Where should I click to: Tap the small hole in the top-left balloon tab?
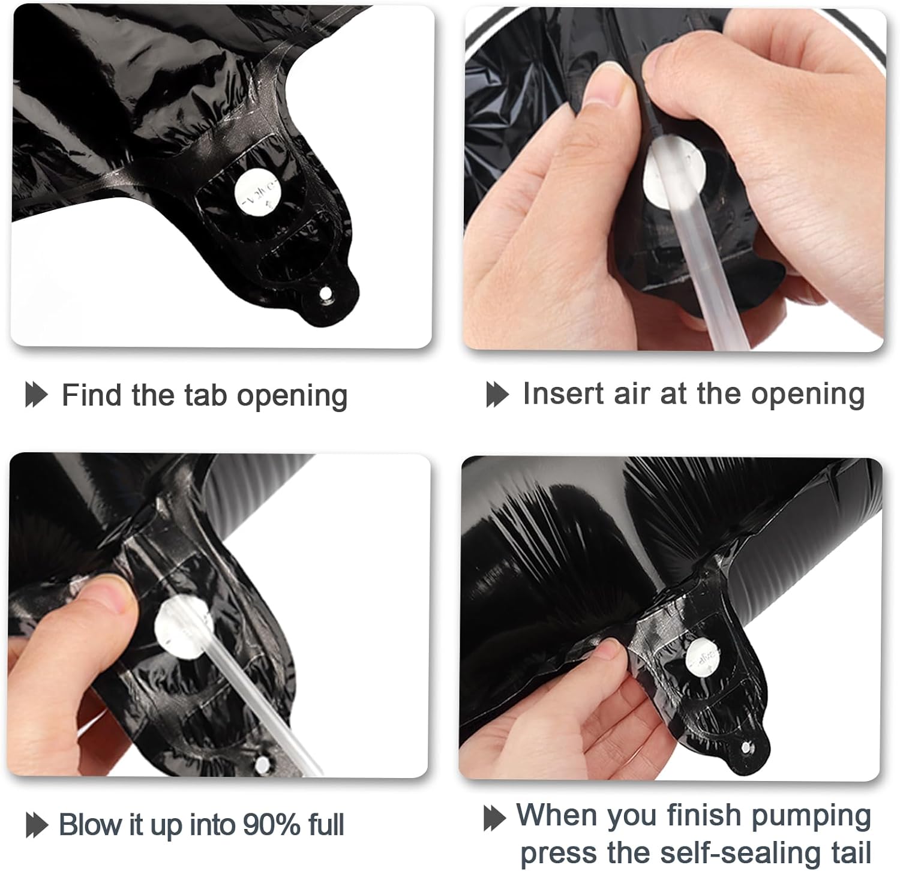[x=325, y=294]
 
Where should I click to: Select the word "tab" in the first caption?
[x=205, y=395]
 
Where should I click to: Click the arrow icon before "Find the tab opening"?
[x=36, y=395]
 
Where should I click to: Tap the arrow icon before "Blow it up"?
[x=36, y=825]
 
